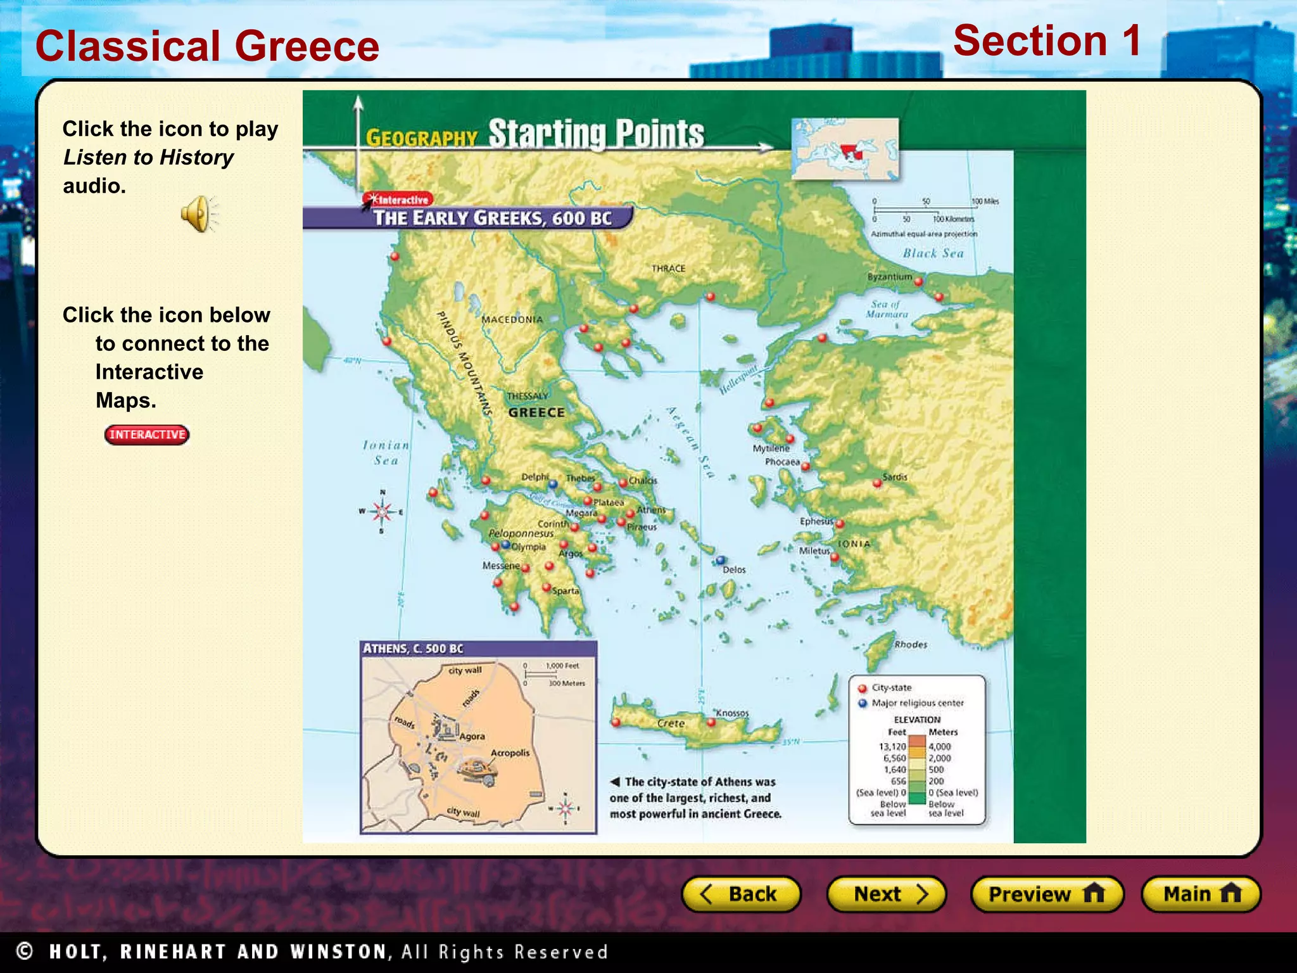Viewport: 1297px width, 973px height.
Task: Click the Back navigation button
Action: tap(740, 894)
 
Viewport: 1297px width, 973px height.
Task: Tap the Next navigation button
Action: tap(886, 894)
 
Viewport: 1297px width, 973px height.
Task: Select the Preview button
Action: tap(1046, 894)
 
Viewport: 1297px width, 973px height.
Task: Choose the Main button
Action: tap(1201, 894)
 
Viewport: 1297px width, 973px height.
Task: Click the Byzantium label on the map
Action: tap(889, 277)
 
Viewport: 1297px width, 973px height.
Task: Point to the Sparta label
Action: tap(566, 591)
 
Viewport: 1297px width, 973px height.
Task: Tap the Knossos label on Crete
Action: tap(732, 713)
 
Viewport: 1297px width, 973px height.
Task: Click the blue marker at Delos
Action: tap(721, 560)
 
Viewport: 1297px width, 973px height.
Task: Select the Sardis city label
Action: tap(895, 477)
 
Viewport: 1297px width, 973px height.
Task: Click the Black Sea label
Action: tap(933, 253)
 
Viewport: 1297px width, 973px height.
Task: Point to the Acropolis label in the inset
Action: tap(510, 753)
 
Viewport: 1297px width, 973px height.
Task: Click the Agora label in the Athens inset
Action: tap(472, 736)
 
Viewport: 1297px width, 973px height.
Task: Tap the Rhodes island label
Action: tap(911, 644)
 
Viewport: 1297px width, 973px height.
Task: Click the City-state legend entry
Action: tap(891, 688)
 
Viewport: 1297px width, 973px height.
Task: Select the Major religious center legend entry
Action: tap(916, 703)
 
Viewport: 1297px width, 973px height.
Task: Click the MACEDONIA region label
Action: tap(512, 319)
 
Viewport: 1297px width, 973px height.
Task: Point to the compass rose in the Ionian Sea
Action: tap(382, 511)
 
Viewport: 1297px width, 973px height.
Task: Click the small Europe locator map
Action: tap(845, 149)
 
